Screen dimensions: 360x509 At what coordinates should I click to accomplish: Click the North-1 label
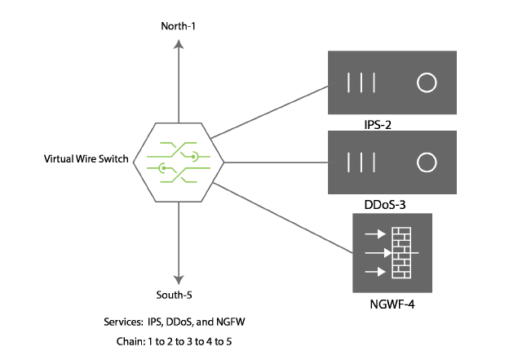tap(178, 27)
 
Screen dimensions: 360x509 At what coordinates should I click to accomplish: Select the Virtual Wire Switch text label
tap(86, 159)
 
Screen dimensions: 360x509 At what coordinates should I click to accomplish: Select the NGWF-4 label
tap(386, 305)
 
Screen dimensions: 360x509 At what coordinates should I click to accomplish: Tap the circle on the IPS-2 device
tap(427, 83)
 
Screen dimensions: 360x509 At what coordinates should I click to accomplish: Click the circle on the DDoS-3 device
tap(427, 161)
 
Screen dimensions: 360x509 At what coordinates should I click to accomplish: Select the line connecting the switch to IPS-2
tap(269, 112)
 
